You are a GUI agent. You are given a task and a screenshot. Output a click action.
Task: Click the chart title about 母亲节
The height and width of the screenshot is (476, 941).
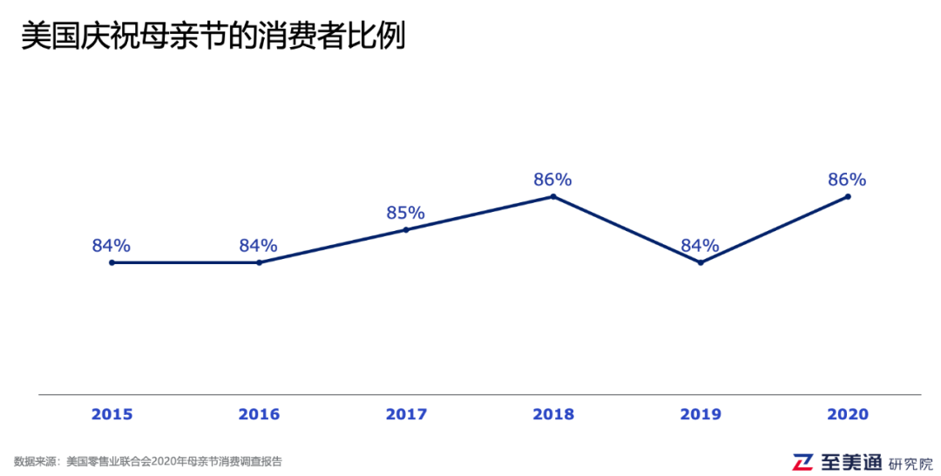click(x=213, y=37)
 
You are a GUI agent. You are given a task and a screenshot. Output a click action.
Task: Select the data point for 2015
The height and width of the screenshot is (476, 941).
click(x=112, y=262)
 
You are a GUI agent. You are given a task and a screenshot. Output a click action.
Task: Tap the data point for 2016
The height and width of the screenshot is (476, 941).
click(x=259, y=262)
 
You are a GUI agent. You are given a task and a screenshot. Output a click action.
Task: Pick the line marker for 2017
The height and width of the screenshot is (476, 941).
click(x=406, y=229)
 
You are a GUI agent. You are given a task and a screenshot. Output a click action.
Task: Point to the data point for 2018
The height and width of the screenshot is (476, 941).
click(x=553, y=197)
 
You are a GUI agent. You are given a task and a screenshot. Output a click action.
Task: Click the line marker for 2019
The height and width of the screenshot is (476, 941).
click(x=701, y=262)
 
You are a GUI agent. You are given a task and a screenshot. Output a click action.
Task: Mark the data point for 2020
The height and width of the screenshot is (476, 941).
click(x=848, y=197)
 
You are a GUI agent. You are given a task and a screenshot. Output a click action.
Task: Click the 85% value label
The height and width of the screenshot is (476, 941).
click(x=406, y=213)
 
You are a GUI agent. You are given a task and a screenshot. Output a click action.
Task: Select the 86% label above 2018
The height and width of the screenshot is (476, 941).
click(x=553, y=180)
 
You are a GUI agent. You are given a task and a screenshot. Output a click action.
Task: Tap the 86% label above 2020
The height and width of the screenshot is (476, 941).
click(x=848, y=180)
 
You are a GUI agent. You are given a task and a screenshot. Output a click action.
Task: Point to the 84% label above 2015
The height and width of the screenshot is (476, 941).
click(x=112, y=245)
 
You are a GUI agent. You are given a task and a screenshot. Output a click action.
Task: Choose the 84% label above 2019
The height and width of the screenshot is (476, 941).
click(x=701, y=245)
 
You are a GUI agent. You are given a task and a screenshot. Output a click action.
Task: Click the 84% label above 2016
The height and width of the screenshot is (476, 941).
click(x=259, y=245)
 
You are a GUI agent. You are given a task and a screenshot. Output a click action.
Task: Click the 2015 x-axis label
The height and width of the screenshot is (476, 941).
click(x=112, y=414)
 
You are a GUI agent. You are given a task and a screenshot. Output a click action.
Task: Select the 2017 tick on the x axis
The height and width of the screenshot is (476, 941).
click(x=406, y=414)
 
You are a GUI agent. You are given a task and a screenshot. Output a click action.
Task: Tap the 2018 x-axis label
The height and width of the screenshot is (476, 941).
click(x=553, y=414)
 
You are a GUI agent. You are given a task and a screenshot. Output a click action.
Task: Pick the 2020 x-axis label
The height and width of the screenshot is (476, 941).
click(x=848, y=414)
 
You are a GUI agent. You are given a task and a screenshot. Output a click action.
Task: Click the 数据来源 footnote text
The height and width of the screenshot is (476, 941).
click(x=148, y=461)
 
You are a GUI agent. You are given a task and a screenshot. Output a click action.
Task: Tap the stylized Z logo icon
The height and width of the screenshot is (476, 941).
click(x=802, y=462)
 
